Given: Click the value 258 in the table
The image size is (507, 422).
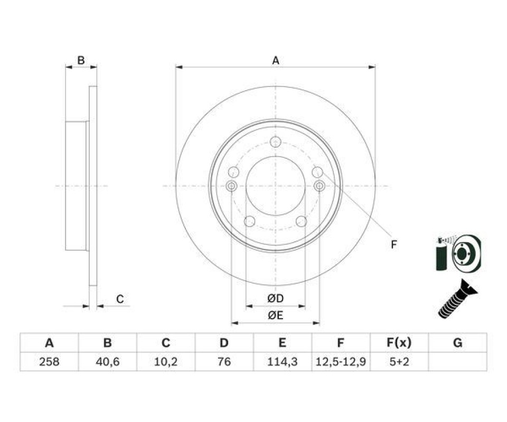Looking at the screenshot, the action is click(49, 362).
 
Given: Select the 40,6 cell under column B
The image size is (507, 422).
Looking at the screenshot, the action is click(107, 362).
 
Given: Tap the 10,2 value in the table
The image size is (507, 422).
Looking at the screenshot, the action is click(165, 362).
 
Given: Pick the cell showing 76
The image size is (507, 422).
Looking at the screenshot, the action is click(224, 362).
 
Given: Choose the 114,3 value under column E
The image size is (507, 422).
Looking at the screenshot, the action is click(282, 362).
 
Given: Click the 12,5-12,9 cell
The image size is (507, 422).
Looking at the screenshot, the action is click(341, 362).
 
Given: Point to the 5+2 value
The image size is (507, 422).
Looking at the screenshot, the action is click(399, 362).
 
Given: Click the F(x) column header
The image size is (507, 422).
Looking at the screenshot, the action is click(399, 342).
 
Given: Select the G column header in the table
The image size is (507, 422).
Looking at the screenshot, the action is click(458, 342).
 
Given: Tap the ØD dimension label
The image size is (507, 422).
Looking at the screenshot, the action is click(276, 299).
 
